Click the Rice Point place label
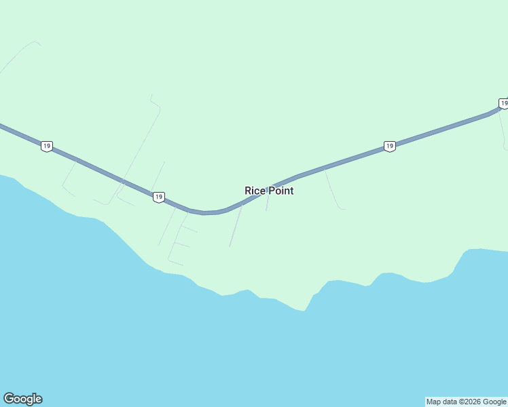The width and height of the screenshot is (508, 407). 269,191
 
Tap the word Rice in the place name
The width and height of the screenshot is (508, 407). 254,191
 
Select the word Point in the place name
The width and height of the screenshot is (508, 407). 280,191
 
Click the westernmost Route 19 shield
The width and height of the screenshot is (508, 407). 46,146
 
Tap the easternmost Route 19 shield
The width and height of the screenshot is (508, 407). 503,103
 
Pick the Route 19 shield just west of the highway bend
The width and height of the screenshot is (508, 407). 158,197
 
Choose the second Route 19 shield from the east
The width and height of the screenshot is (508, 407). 389,146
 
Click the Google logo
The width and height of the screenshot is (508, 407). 22,399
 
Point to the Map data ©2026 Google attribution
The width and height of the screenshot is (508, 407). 467,402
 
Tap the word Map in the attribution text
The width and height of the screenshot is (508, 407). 434,402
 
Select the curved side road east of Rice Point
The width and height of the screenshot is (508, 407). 333,191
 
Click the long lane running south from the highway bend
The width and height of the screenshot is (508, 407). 236,225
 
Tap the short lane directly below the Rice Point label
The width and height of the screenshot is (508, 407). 268,201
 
